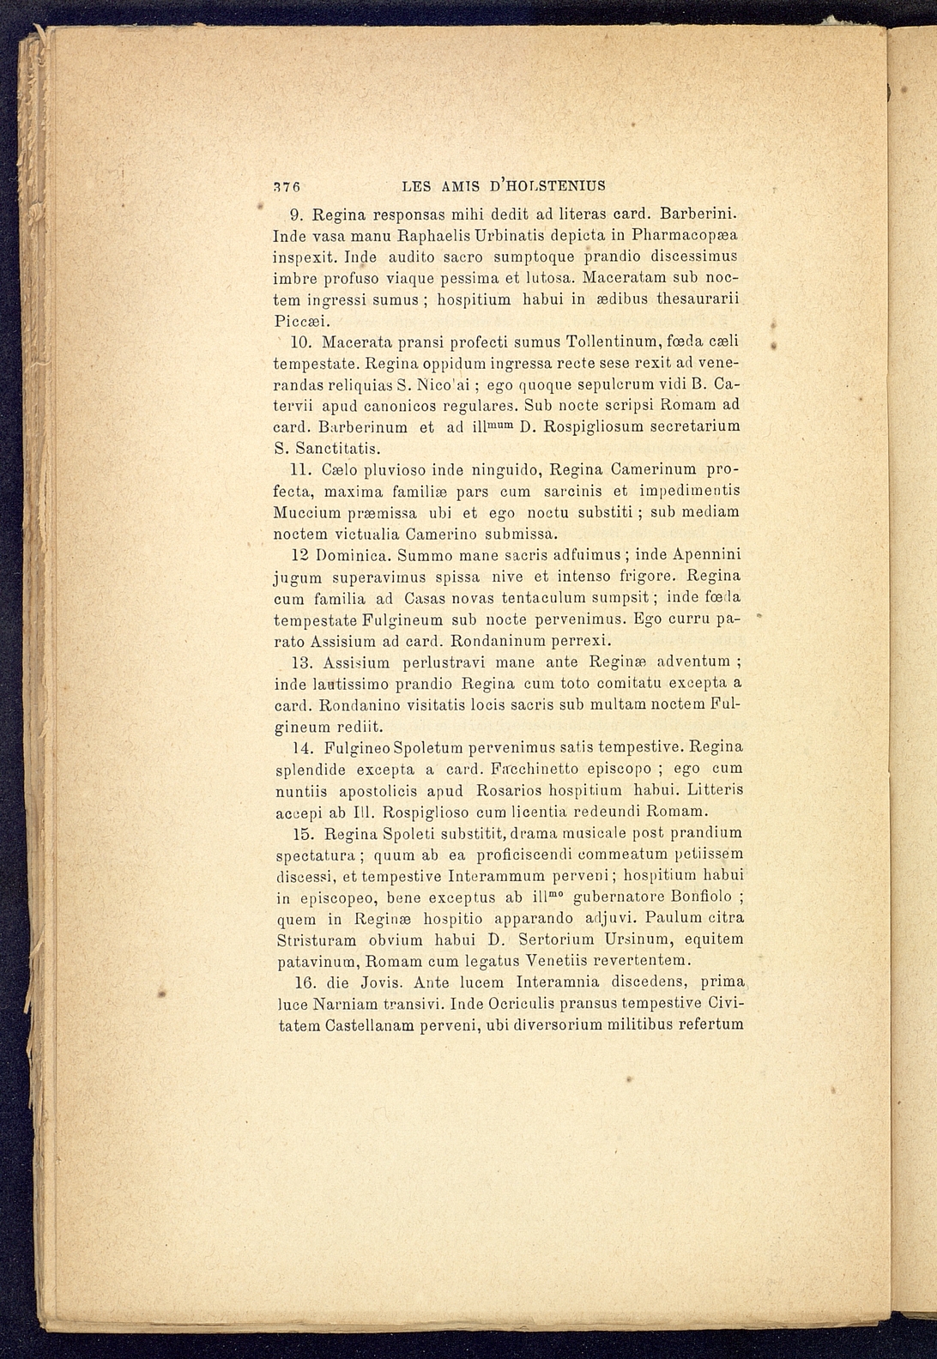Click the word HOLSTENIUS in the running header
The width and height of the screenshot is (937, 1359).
544,184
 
